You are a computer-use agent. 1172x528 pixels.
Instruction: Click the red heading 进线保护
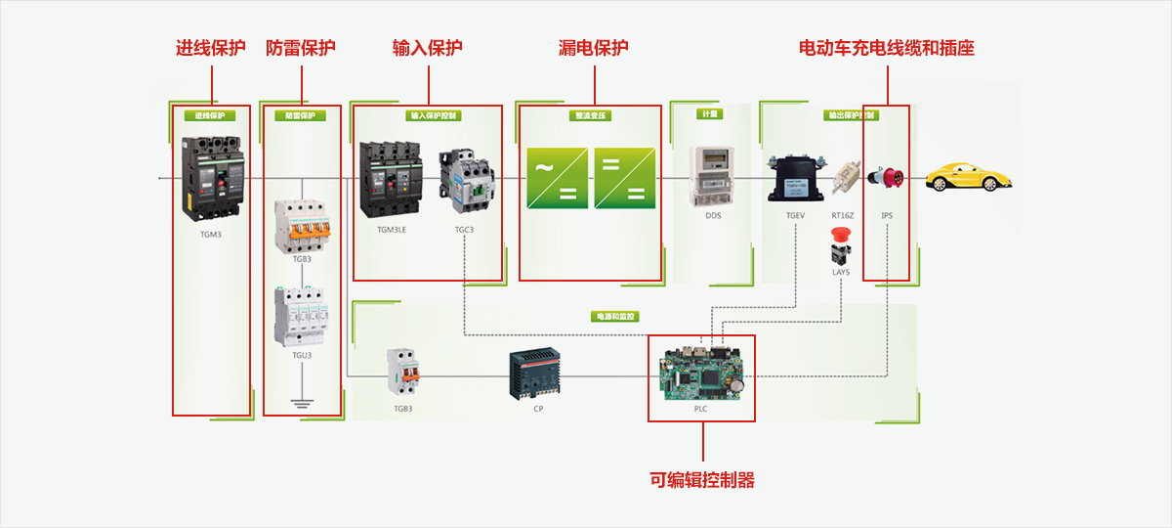coord(210,48)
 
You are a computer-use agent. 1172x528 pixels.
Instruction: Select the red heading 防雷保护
coord(301,48)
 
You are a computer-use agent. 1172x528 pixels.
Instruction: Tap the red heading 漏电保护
coord(593,48)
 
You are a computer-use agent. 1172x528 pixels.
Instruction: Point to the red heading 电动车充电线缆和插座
coord(887,48)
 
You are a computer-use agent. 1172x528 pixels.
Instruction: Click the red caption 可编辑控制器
coord(702,480)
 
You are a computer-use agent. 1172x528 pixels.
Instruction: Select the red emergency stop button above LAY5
coord(840,236)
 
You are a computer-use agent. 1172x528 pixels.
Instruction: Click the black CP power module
coord(534,374)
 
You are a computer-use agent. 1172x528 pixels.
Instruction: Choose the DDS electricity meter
coord(713,176)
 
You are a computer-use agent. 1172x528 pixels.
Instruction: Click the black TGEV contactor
coord(796,177)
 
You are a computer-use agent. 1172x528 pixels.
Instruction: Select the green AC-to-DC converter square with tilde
coord(557,176)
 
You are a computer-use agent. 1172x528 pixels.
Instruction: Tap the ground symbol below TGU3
coord(302,402)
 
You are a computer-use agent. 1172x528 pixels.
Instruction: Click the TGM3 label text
coord(211,235)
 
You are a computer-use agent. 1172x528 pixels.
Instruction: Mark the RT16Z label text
coord(843,215)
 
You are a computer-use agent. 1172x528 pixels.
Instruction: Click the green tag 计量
coord(709,113)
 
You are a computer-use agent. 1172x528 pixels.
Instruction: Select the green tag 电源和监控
coord(613,317)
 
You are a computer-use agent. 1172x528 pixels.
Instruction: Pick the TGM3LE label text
coord(393,230)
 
